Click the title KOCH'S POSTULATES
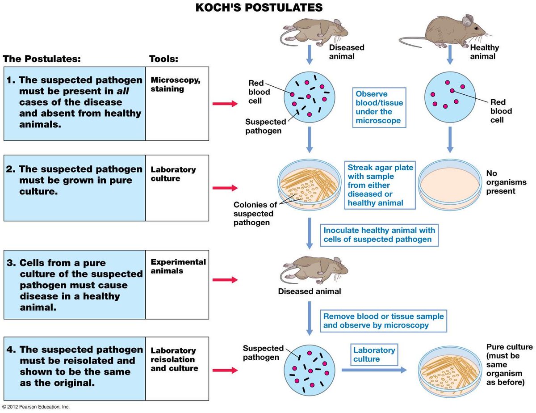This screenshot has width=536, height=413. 259,8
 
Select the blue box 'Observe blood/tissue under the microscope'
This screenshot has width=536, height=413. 379,107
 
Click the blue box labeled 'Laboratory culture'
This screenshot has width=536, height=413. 374,355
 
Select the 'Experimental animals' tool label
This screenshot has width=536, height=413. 178,266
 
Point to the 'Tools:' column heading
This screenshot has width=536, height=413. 163,59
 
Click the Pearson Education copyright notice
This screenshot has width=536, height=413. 36,407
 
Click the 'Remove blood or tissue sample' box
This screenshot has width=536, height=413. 383,320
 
